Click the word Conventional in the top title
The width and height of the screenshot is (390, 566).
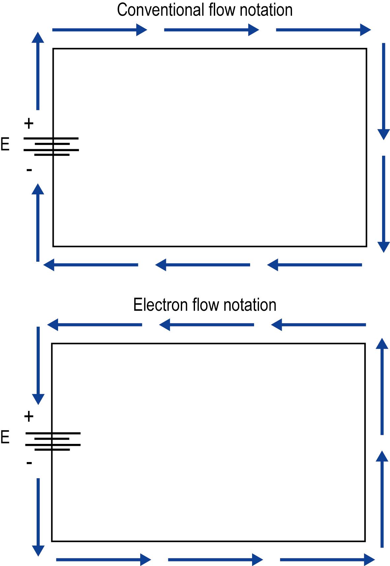[160, 10]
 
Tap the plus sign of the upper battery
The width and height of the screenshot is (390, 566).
[29, 124]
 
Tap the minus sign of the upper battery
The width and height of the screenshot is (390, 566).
[29, 170]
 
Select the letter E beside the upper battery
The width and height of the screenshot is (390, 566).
[5, 145]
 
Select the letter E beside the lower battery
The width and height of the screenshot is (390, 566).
[5, 437]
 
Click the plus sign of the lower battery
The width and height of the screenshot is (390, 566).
[29, 416]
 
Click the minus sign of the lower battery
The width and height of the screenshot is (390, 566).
[29, 463]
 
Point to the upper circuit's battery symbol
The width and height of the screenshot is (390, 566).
[51, 147]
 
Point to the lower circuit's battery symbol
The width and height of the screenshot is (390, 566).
[53, 442]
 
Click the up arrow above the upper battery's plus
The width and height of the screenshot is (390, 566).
[38, 71]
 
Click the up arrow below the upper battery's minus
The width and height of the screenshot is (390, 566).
[38, 223]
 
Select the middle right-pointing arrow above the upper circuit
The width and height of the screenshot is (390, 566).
[211, 30]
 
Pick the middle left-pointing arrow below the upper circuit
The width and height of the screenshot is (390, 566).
[203, 265]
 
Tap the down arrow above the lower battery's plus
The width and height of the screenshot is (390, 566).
[38, 365]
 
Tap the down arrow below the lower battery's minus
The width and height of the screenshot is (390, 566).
[38, 516]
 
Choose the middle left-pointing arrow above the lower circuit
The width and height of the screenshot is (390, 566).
[207, 325]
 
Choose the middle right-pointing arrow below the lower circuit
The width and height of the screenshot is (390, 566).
[215, 559]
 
